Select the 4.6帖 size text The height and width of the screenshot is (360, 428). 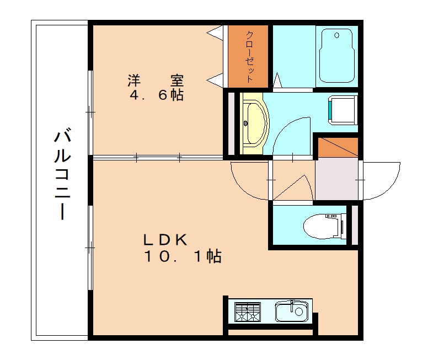156,95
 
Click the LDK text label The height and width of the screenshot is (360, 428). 166,240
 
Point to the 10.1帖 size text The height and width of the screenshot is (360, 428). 183,256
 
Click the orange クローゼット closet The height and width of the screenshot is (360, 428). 249,56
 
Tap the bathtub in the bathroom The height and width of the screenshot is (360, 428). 336,55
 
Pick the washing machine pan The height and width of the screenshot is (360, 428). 343,109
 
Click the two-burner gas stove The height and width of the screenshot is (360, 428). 247,312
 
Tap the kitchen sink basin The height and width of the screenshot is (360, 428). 291,312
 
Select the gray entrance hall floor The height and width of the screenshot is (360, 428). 336,180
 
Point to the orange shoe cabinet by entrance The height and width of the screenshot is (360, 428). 336,147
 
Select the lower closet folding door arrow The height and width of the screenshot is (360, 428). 215,79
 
